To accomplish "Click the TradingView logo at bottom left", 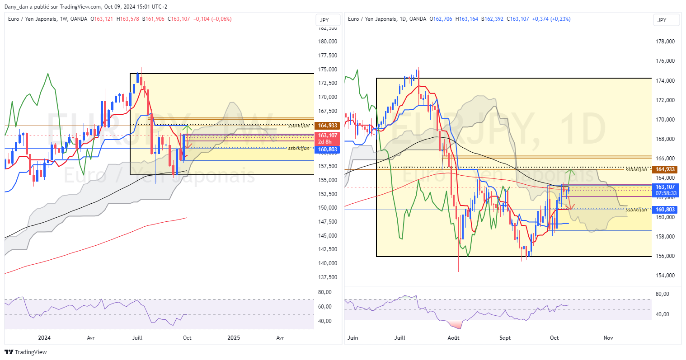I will click(26, 352).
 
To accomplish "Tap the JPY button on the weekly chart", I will click(324, 20).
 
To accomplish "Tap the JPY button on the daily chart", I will click(662, 20).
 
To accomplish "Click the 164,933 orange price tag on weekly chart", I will click(328, 126).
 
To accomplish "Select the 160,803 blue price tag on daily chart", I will click(665, 210).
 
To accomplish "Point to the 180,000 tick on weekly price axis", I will click(328, 42).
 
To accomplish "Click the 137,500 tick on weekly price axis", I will click(328, 277).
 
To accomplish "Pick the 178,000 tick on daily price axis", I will click(665, 42).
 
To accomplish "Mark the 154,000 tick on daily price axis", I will click(665, 276).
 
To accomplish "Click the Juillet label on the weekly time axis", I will click(137, 338).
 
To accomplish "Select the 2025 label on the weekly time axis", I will click(234, 338).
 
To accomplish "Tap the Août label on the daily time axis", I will click(453, 338).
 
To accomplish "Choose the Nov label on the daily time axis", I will click(608, 338).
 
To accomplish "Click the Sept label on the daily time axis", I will click(505, 338).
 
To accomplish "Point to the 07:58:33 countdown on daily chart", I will click(666, 193).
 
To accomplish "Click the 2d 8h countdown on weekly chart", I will click(325, 142).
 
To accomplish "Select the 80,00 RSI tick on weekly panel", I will click(325, 292).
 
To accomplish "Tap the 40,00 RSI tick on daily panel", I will click(663, 314).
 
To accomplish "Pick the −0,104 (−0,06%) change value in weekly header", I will click(212, 19).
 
